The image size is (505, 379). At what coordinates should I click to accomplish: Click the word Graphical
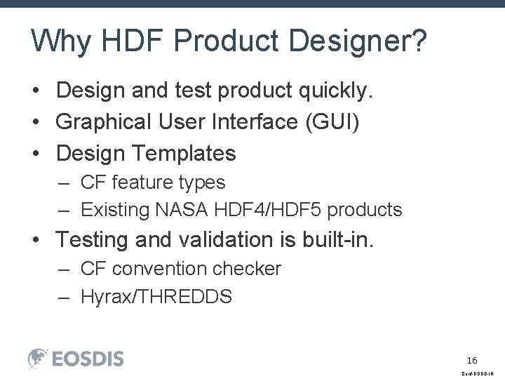pyautogui.click(x=101, y=121)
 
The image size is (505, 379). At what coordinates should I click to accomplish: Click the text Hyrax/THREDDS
pyautogui.click(x=156, y=297)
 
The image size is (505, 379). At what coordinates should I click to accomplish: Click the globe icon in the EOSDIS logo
pyautogui.click(x=38, y=358)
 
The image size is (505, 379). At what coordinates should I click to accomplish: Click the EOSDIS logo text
pyautogui.click(x=87, y=359)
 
